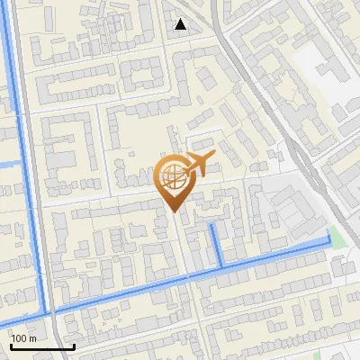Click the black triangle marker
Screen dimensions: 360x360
pyautogui.click(x=181, y=24)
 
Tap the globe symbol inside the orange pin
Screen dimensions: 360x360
pyautogui.click(x=174, y=176)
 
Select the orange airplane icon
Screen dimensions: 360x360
pyautogui.click(x=199, y=165)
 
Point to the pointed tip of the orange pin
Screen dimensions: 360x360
pyautogui.click(x=174, y=211)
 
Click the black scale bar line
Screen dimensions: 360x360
pyautogui.click(x=42, y=346)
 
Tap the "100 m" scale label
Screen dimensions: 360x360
pyautogui.click(x=23, y=338)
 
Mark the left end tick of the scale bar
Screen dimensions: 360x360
pyautogui.click(x=11, y=344)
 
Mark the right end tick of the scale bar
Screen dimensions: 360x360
pyautogui.click(x=74, y=344)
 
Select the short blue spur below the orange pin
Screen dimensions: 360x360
pyautogui.click(x=217, y=246)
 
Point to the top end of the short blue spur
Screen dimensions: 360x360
pyautogui.click(x=212, y=225)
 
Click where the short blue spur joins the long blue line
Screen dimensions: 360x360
pyautogui.click(x=221, y=266)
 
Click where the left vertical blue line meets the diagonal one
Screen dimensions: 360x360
pyautogui.click(x=46, y=311)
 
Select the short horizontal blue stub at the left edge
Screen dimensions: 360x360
pyautogui.click(x=9, y=164)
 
